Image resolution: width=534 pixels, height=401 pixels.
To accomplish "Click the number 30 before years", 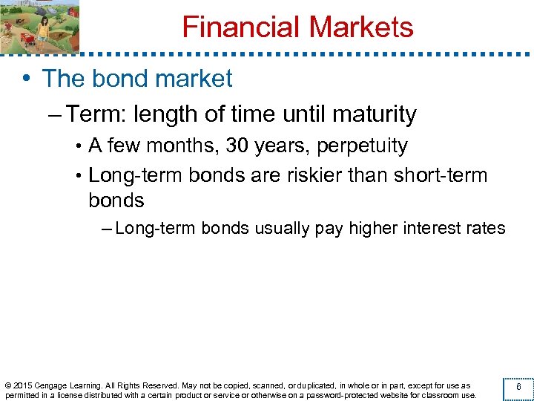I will (x=238, y=146).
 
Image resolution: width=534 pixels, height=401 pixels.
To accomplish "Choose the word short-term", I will (x=442, y=176).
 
